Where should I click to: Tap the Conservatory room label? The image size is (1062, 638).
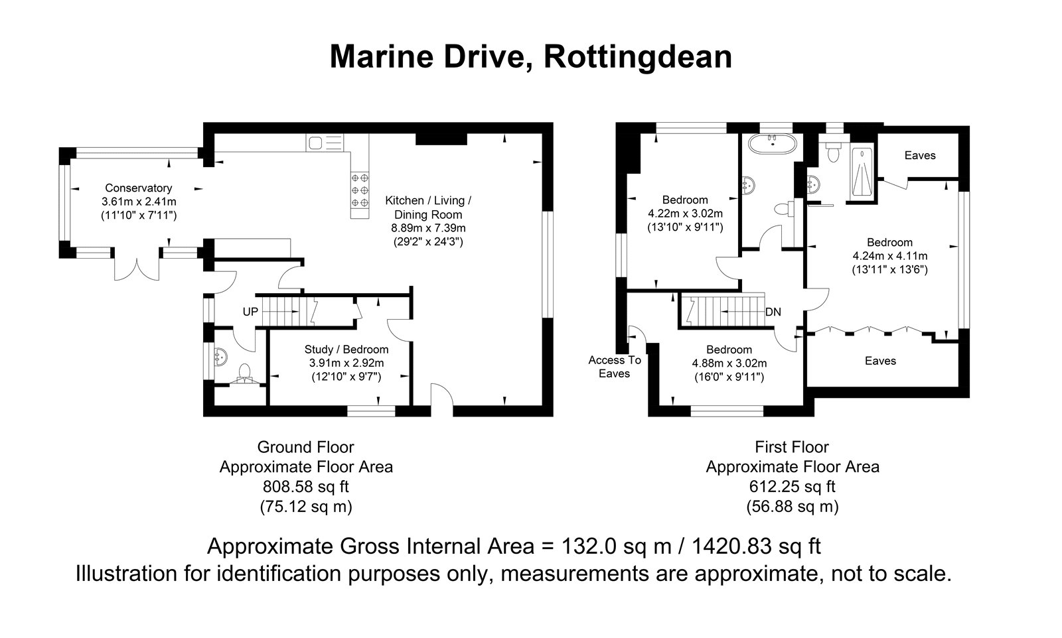tap(138, 188)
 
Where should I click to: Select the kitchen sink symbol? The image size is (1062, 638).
tap(315, 142)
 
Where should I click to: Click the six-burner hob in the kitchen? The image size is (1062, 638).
tap(360, 190)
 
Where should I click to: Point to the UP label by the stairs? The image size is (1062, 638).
tap(250, 311)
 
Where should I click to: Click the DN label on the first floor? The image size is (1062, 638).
tap(773, 311)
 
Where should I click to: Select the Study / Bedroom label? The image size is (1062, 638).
tap(346, 350)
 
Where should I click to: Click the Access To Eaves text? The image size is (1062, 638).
tap(615, 367)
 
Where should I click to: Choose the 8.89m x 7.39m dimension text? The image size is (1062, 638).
tap(428, 228)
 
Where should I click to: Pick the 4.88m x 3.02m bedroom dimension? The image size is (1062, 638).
tap(729, 363)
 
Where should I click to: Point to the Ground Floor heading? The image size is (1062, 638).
tap(305, 447)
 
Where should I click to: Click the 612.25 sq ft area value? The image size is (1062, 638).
tap(792, 487)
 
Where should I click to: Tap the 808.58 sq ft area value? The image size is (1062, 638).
tap(305, 487)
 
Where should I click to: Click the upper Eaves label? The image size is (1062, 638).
tap(920, 155)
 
